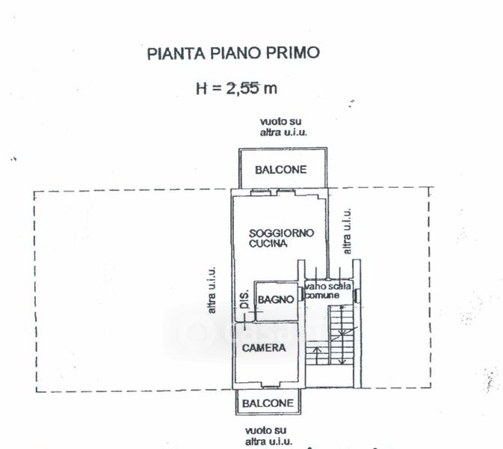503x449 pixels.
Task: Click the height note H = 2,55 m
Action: [236, 89]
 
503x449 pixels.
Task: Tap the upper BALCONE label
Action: [280, 170]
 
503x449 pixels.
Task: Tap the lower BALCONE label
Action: [267, 403]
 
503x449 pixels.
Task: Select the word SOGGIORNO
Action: [282, 233]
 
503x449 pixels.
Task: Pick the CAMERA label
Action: [263, 348]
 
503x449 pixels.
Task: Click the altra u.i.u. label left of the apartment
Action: [212, 290]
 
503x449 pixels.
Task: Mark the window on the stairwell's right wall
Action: [359, 293]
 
